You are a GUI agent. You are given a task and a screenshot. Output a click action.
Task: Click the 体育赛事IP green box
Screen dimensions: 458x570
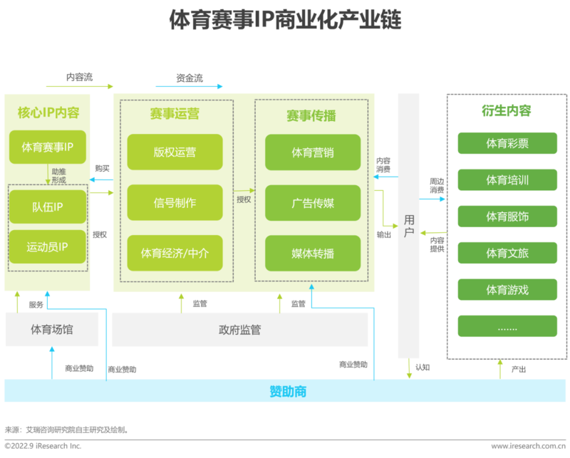click(x=48, y=147)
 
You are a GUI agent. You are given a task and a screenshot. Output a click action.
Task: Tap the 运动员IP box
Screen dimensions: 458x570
click(x=48, y=246)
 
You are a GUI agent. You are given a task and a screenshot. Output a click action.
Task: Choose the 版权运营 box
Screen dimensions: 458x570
click(x=175, y=152)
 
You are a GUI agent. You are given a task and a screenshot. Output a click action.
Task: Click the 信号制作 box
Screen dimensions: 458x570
click(x=175, y=202)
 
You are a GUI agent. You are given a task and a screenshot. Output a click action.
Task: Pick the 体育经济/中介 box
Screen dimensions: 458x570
click(x=175, y=252)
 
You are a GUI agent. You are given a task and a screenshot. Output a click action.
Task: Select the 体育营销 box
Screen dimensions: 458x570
click(x=313, y=152)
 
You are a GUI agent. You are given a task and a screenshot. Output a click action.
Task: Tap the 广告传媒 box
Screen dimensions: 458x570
click(x=313, y=202)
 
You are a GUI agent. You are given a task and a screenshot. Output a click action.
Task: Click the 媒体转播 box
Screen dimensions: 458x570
click(x=313, y=252)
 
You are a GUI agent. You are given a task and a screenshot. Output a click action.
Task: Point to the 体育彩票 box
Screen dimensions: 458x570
click(x=507, y=143)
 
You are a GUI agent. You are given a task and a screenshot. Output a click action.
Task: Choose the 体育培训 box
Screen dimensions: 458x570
click(x=507, y=180)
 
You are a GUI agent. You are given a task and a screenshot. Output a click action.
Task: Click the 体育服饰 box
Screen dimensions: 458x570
click(x=507, y=217)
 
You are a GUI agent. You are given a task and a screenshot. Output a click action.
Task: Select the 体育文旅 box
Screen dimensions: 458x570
click(x=507, y=253)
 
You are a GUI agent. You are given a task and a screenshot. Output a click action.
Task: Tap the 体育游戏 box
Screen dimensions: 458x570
click(x=507, y=290)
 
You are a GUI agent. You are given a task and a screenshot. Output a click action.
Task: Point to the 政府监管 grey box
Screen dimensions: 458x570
click(x=239, y=330)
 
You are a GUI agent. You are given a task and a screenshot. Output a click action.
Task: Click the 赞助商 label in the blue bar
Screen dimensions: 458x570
click(x=288, y=391)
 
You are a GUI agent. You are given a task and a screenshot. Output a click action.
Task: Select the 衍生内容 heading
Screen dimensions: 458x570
click(x=507, y=111)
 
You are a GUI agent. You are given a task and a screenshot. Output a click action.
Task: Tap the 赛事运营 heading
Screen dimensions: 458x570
click(x=175, y=115)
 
